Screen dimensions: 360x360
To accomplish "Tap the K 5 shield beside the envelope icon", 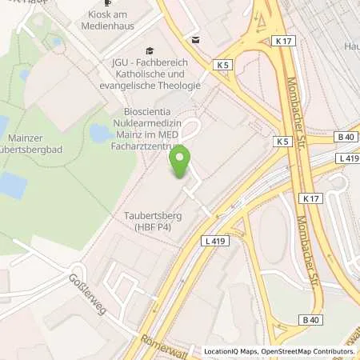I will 222,64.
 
